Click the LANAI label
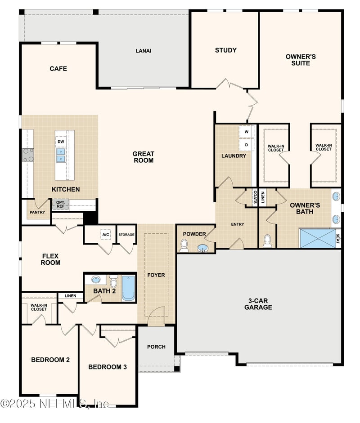(x=144, y=51)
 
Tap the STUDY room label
(x=226, y=50)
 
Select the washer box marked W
(x=246, y=132)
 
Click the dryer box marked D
(x=246, y=145)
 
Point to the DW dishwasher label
(x=61, y=142)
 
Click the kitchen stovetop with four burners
(x=28, y=155)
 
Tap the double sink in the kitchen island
(x=61, y=155)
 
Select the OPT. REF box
(x=60, y=205)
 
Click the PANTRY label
(x=37, y=212)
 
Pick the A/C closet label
(x=106, y=235)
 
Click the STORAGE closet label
(x=126, y=235)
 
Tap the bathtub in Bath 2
(x=128, y=288)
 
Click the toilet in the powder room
(x=184, y=246)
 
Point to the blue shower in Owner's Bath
(x=317, y=239)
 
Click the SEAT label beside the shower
(x=338, y=239)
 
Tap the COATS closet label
(x=255, y=197)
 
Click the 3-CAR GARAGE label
(x=258, y=304)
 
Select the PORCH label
(x=156, y=347)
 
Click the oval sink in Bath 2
(x=95, y=280)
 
